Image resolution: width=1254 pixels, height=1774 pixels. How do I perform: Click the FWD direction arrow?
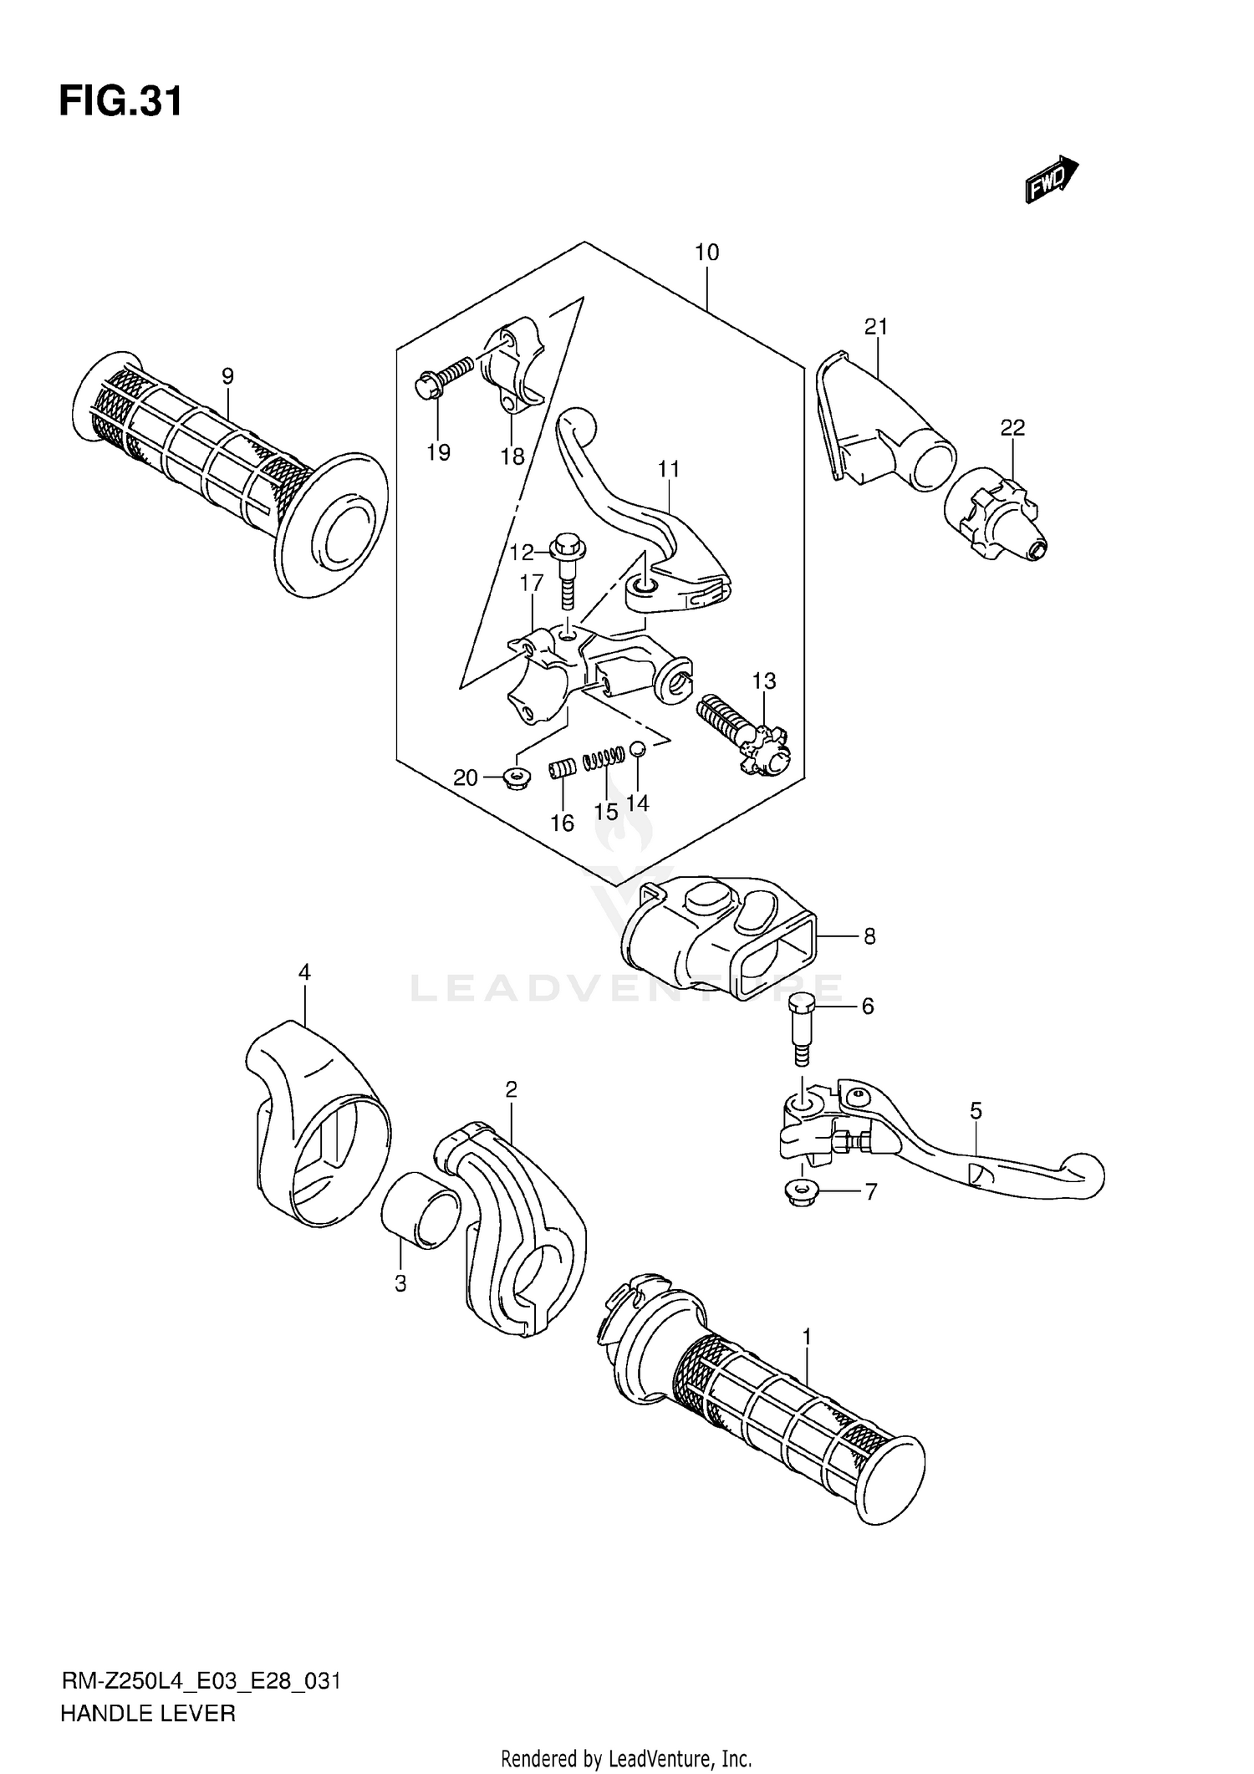[1052, 179]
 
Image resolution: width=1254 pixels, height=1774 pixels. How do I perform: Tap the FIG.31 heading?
[120, 103]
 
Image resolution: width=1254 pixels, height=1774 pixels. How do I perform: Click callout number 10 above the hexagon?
[706, 252]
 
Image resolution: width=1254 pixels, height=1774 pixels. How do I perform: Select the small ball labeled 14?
[636, 749]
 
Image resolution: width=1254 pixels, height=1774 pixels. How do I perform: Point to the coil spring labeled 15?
[604, 758]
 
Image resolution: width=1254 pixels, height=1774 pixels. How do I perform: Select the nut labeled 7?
[802, 1190]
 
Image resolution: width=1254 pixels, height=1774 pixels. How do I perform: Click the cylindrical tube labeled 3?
[421, 1211]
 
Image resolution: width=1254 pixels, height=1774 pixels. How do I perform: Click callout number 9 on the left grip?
[227, 377]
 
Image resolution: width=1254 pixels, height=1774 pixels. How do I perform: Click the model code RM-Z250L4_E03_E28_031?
[201, 1680]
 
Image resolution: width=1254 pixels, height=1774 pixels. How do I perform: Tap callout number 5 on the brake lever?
[976, 1111]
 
